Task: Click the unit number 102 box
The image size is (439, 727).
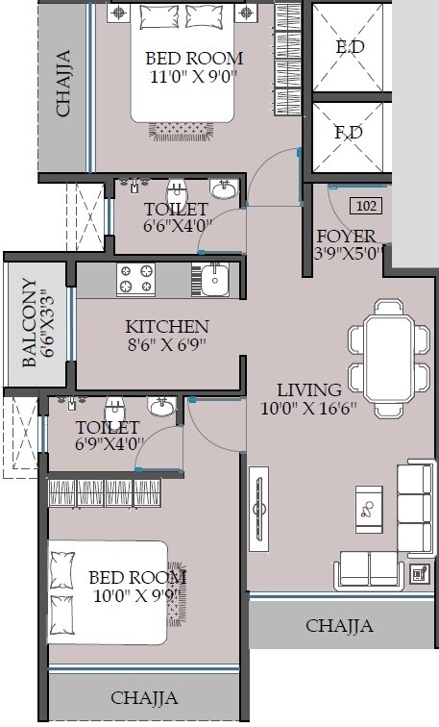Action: click(365, 205)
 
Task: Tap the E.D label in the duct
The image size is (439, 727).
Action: click(349, 47)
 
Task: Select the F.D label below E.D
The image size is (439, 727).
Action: click(349, 133)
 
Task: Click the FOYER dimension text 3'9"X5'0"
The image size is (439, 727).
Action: click(350, 254)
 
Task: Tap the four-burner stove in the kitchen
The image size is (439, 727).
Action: click(135, 280)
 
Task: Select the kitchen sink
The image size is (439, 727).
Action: click(213, 280)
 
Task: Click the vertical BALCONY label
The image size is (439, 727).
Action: click(30, 322)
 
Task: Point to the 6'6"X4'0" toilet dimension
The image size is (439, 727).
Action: click(175, 227)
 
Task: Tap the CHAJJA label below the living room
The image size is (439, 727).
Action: click(340, 626)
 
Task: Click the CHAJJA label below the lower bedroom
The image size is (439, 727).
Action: click(144, 697)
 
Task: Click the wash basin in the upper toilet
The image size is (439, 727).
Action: click(224, 189)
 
